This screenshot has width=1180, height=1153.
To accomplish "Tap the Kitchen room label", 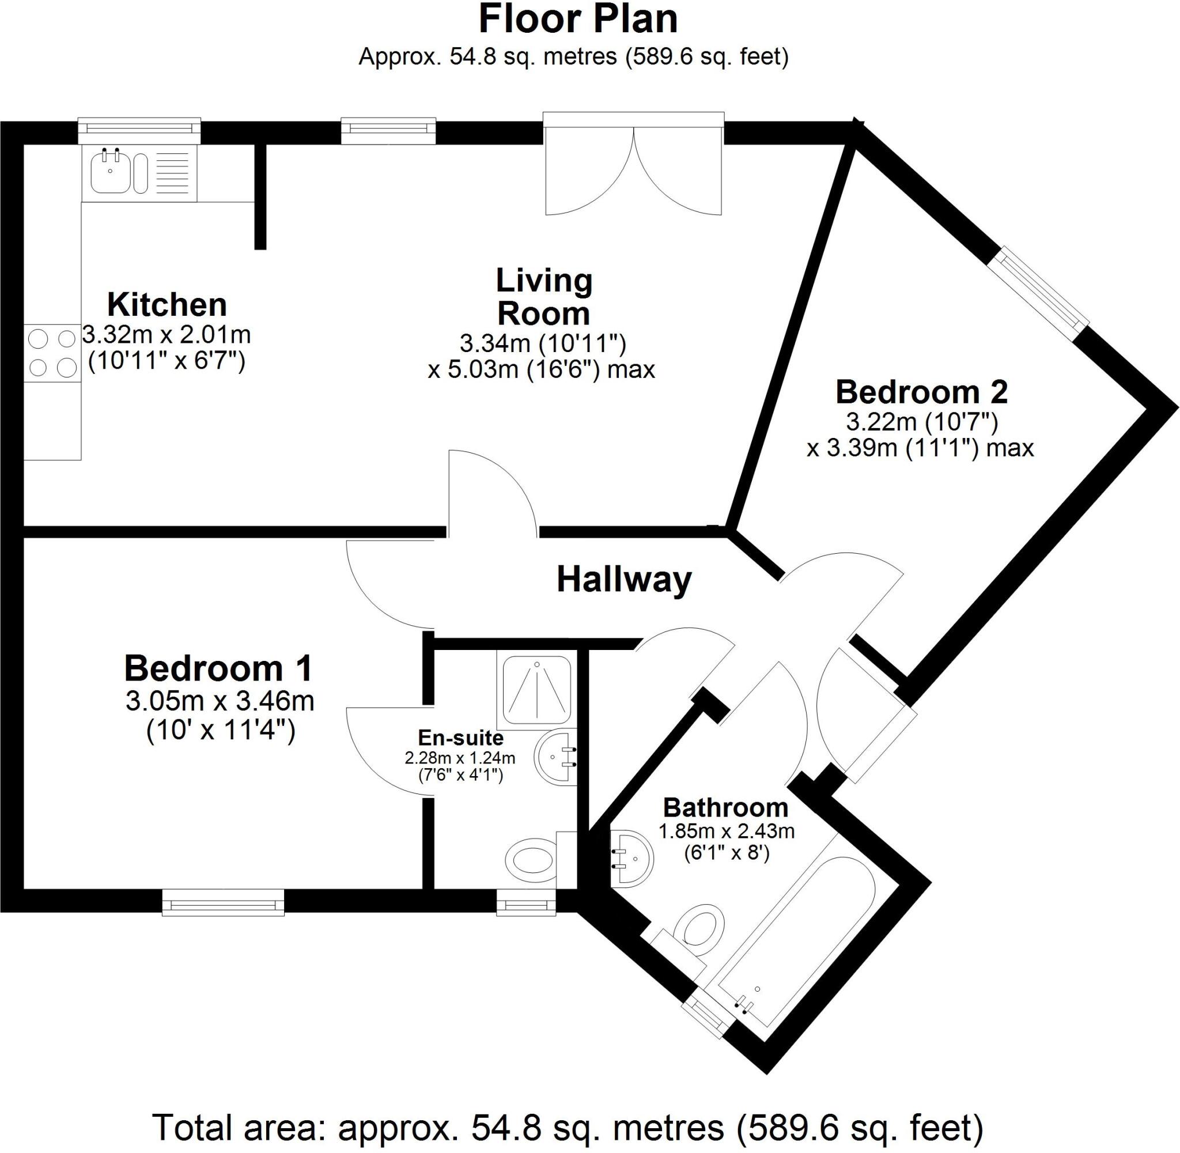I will (167, 305).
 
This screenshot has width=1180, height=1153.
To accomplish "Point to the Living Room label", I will (543, 297).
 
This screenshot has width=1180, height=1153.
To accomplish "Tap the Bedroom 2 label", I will (921, 392).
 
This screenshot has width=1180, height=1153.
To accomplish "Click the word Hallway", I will (623, 580).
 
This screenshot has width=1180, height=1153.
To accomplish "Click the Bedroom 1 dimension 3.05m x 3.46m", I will (220, 701).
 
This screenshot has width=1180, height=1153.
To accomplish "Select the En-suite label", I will (461, 738).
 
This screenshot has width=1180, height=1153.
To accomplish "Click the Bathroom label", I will (725, 808).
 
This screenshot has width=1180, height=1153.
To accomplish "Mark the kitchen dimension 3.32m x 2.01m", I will (167, 334).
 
